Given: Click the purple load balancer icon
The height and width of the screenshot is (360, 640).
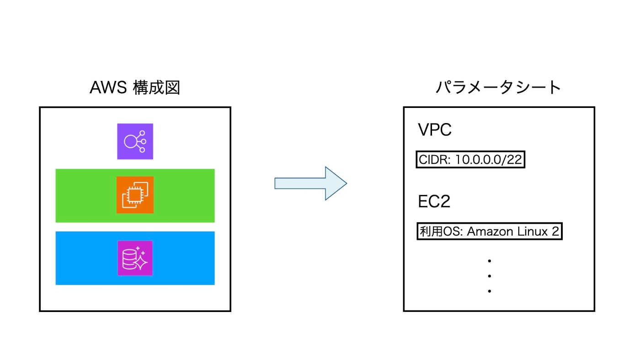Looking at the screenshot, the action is pos(135,141).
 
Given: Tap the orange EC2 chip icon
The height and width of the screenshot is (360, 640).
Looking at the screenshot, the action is pos(135,195).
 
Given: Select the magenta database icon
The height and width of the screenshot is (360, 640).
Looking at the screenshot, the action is pos(135,258).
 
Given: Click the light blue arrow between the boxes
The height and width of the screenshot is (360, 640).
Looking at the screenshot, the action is pos(310,183).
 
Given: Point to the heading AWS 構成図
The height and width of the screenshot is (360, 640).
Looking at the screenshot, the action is pos(135,87).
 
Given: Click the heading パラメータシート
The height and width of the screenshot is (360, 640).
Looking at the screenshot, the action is pos(498,87).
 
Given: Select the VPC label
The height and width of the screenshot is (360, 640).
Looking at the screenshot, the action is pos(435,129).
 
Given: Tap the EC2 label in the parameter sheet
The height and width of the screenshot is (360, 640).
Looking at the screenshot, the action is pos(434,201).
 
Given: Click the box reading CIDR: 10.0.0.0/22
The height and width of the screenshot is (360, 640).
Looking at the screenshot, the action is pos(470,159).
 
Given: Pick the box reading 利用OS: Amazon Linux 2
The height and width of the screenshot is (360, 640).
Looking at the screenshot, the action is pos(490,231).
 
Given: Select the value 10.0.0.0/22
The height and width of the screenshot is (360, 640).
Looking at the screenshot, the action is pos(488,160).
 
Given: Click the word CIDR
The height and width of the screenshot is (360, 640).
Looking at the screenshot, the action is pos(434,160).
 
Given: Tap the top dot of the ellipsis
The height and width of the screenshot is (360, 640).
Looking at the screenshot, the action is pos(490,261).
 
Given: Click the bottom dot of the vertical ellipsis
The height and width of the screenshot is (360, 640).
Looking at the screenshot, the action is pos(490,291).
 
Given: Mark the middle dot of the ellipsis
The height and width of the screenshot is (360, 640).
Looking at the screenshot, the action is pos(490,276).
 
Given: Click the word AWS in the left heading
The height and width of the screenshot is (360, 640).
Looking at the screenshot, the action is pos(108,87).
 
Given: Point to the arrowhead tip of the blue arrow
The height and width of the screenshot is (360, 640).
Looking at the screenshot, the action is pos(347,183).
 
